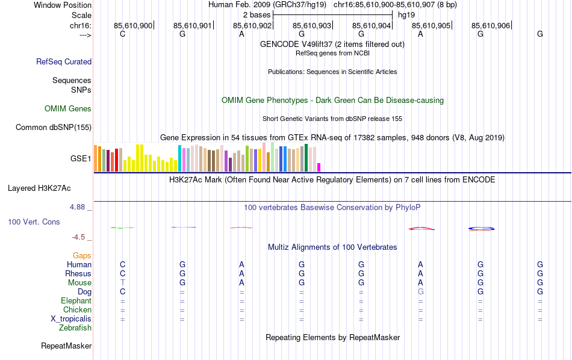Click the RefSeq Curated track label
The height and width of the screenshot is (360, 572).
64,61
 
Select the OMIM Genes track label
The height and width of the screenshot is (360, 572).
68,109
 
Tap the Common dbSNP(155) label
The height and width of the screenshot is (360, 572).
54,127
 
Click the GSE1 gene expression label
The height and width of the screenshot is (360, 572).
81,159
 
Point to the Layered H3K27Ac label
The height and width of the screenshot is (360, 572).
39,188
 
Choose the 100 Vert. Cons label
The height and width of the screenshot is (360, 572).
34,222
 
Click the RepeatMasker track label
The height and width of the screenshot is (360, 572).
66,346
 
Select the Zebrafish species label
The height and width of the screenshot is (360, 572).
75,328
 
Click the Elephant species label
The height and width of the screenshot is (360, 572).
76,301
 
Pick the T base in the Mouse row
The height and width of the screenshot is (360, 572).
123,283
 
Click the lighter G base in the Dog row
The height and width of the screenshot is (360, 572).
421,292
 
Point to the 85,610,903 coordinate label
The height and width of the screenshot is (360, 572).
312,25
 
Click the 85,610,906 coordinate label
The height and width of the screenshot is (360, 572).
491,25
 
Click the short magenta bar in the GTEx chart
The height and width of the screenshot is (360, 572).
319,167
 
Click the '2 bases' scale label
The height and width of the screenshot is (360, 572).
256,14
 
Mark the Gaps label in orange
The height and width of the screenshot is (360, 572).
82,256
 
